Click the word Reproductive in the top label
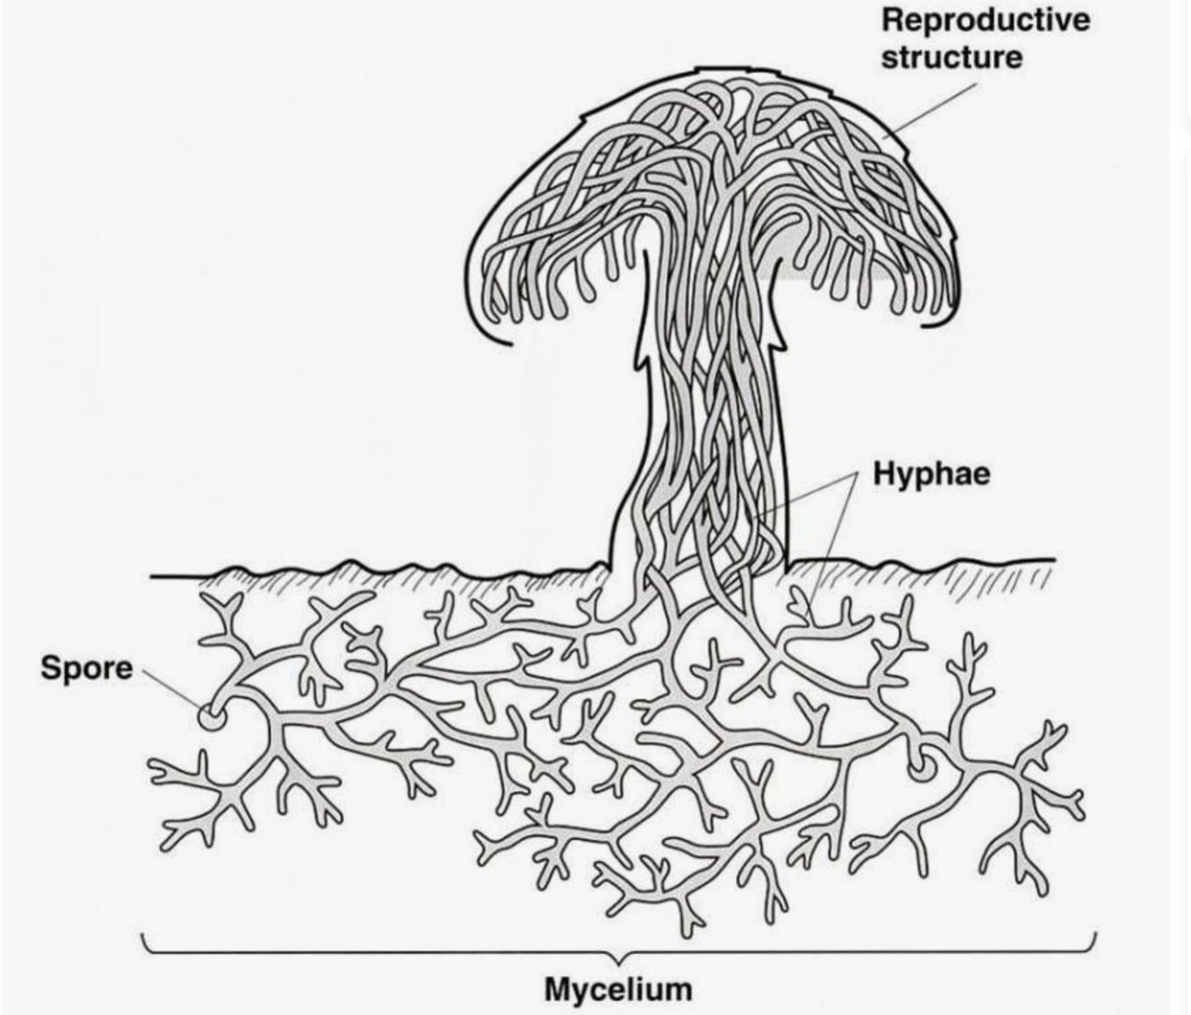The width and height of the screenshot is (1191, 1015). [x=985, y=20]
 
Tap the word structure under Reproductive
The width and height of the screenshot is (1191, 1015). [x=951, y=57]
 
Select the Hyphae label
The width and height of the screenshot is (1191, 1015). [x=932, y=474]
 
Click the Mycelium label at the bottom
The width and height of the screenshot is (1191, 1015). [x=618, y=989]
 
